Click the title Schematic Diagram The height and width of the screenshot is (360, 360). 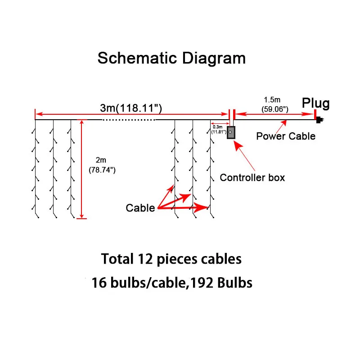[171, 58]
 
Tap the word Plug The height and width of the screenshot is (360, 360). [315, 103]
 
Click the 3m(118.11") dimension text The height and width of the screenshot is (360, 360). [131, 108]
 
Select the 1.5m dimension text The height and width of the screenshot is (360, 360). [272, 99]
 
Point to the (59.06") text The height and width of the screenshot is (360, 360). [274, 109]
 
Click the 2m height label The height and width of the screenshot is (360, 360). [101, 160]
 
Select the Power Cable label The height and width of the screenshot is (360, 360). [286, 136]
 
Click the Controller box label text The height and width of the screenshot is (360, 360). [252, 177]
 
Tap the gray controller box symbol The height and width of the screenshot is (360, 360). [231, 132]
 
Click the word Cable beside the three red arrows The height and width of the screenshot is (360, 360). [140, 208]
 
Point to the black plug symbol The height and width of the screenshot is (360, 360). [320, 120]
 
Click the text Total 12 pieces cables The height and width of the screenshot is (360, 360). [171, 259]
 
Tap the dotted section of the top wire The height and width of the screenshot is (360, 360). [129, 120]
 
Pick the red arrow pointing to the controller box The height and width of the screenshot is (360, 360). [245, 156]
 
